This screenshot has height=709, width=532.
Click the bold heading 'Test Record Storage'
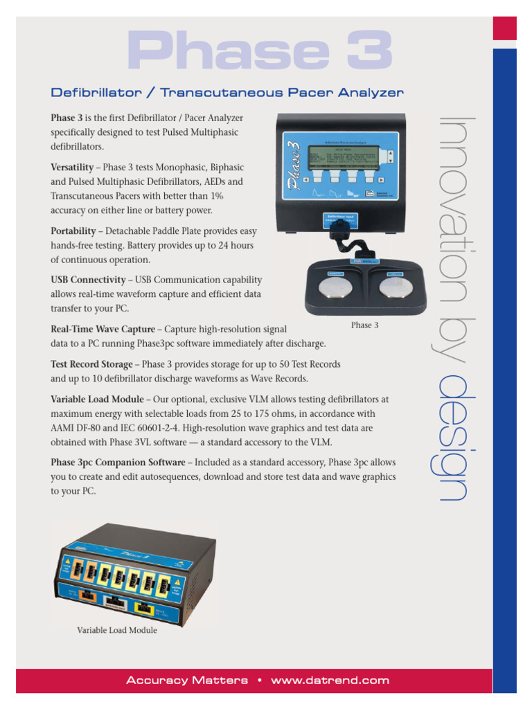[91, 364]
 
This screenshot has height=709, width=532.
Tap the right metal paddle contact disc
[396, 287]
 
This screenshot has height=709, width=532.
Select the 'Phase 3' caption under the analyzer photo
[364, 325]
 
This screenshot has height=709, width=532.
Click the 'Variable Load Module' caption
[116, 630]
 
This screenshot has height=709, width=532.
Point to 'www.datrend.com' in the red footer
[330, 681]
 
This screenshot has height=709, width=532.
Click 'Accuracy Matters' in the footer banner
[187, 681]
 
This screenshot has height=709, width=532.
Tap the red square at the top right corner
[504, 28]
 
